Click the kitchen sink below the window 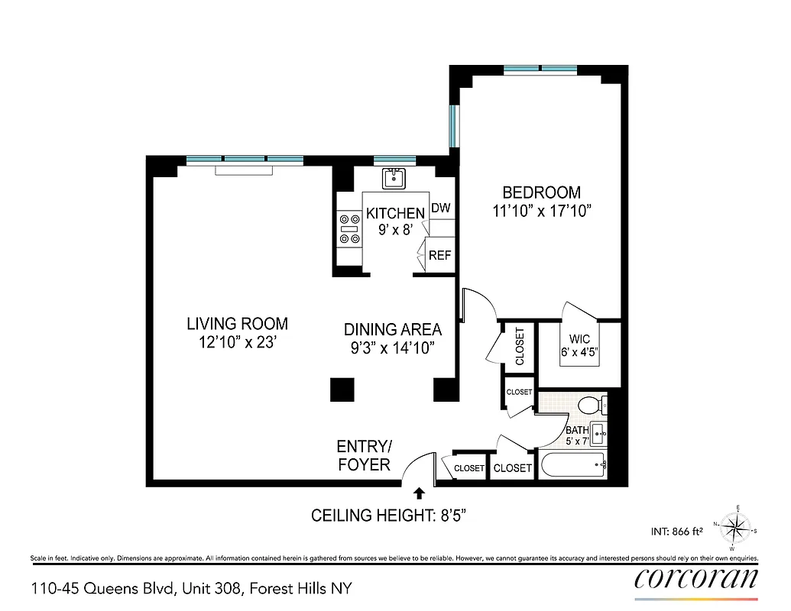coord(394,179)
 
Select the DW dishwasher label coord(440,208)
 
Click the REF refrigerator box coord(439,256)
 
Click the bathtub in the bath coord(572,464)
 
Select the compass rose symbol coord(736,528)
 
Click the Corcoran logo coord(696,579)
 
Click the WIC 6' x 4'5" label coord(579,346)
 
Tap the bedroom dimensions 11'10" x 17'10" coord(543,212)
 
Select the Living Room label coord(237,324)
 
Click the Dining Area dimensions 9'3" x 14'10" coord(392,348)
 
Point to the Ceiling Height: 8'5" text coord(388,516)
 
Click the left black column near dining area coord(342,390)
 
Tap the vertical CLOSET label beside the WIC coord(520,346)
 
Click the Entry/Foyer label coord(364,455)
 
